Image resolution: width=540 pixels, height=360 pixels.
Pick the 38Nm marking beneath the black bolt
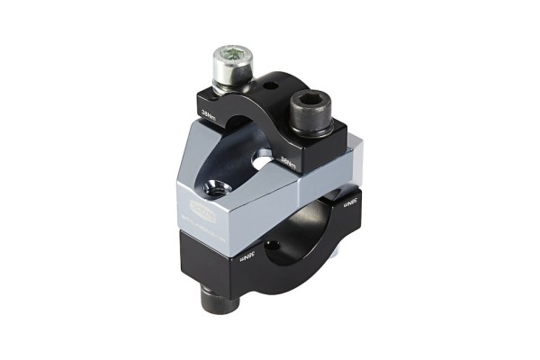click(x=289, y=163)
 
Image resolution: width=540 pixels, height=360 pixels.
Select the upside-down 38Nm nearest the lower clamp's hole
click(x=248, y=257)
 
